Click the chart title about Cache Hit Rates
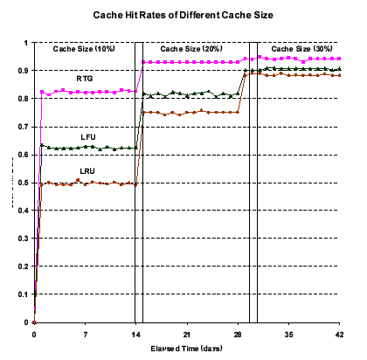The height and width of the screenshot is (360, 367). click(183, 16)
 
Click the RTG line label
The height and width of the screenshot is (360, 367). click(85, 79)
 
